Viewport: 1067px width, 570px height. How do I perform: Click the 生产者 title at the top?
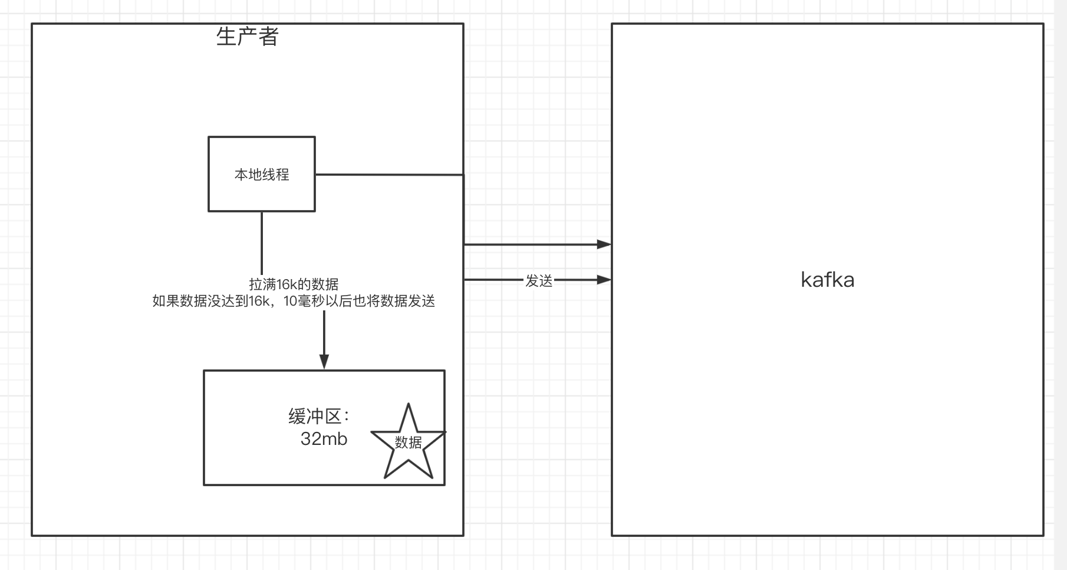tap(247, 37)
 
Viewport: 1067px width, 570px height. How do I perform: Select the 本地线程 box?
tap(262, 174)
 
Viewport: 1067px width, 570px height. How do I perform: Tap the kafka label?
tap(827, 280)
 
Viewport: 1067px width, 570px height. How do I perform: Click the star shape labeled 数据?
tap(408, 443)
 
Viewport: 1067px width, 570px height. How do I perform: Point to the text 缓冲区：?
tap(319, 417)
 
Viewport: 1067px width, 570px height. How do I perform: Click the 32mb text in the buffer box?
tap(324, 439)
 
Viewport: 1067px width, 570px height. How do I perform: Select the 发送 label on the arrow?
tap(539, 281)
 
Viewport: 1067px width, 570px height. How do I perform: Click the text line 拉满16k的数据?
tap(294, 284)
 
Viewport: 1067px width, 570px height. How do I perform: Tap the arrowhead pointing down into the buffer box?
tap(324, 361)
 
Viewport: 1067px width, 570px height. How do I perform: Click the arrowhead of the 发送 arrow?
tap(604, 280)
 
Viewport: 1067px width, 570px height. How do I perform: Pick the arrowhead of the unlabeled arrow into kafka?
tap(604, 244)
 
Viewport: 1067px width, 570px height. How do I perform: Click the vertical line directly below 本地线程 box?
tap(262, 242)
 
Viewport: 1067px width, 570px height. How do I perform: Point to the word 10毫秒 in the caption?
tap(304, 302)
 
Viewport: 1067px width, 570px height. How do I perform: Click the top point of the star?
tap(408, 405)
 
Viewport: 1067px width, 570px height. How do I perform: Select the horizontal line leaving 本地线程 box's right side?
tap(389, 175)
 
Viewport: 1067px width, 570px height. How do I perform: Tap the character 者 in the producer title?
tap(268, 37)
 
